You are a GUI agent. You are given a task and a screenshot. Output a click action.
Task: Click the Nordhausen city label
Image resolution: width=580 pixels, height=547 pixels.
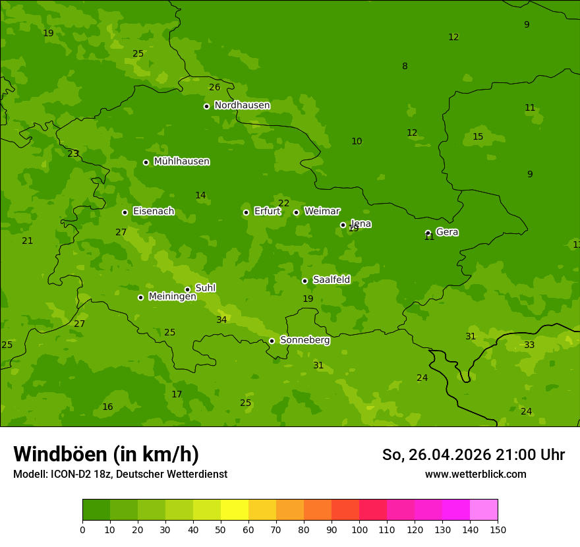pos(242,105)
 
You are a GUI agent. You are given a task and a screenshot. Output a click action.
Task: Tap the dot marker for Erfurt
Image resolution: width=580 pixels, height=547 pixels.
pos(246,212)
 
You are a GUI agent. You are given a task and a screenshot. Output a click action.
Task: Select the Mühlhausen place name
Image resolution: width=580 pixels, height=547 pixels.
pos(181,161)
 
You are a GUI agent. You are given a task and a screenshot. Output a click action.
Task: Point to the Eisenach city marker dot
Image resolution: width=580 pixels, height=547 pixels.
pos(125,212)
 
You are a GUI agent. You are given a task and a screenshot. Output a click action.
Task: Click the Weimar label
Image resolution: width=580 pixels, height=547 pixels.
pos(322,212)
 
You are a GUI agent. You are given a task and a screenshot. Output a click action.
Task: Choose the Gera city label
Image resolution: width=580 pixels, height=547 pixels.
pos(447,232)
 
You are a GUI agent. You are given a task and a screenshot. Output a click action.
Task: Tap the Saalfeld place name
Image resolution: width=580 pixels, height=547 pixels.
pos(331,280)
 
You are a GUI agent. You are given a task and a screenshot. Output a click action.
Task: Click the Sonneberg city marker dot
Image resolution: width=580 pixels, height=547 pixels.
pos(272,341)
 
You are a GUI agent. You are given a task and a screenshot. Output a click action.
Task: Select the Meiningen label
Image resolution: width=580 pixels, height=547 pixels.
pos(172,297)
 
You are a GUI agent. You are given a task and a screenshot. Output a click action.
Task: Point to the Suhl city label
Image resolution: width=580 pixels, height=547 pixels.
pos(205,288)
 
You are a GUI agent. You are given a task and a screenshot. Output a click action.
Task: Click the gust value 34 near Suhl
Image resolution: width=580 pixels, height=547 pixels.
pos(221,320)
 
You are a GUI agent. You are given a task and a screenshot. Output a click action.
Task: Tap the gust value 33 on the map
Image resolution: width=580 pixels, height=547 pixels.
pos(529,345)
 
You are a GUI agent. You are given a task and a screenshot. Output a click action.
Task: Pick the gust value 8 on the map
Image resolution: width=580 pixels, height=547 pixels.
pos(405,66)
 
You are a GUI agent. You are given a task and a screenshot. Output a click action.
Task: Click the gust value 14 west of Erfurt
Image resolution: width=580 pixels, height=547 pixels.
pos(200,195)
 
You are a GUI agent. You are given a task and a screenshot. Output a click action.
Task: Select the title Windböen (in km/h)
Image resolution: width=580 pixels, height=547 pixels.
pos(106,454)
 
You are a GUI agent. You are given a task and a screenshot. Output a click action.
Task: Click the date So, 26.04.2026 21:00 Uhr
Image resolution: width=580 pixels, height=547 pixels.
pos(473,455)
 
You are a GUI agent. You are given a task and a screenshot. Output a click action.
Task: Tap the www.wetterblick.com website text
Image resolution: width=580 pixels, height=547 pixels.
pos(475,474)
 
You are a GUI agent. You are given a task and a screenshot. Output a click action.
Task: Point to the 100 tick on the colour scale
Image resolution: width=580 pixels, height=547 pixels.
pos(359,529)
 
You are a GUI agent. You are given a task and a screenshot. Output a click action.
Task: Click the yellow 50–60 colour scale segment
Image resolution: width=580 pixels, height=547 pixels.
pos(235,509)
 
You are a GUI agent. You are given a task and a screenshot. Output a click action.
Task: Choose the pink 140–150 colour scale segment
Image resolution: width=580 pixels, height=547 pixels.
pos(484,509)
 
